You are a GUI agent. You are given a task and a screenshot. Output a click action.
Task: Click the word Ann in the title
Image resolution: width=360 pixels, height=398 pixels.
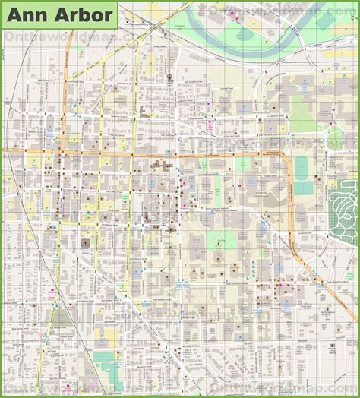tap(28, 14)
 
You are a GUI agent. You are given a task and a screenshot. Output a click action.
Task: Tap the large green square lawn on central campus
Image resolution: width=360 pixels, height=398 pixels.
tap(222, 242)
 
